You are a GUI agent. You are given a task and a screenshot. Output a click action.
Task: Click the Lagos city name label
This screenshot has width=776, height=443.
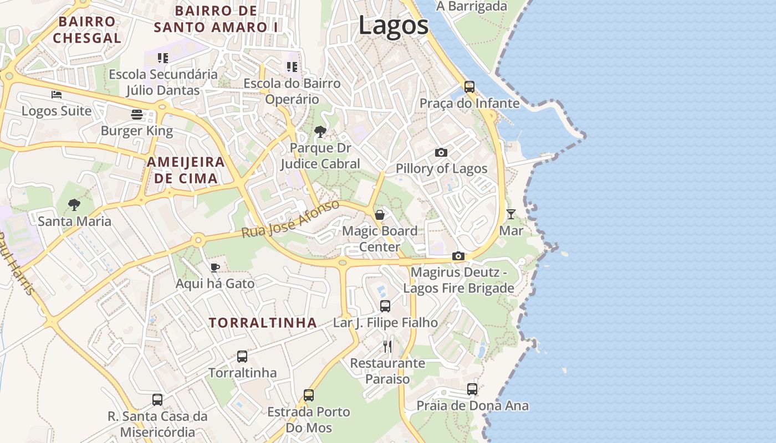click(x=394, y=25)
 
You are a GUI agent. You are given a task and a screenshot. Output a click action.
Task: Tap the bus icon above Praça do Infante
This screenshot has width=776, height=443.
click(x=469, y=86)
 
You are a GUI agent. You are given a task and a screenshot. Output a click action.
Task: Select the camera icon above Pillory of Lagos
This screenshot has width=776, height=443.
click(x=441, y=152)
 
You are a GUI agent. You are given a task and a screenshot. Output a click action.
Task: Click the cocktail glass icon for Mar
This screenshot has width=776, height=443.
click(x=511, y=214)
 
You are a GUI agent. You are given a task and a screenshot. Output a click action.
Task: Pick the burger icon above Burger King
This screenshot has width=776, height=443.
click(x=137, y=115)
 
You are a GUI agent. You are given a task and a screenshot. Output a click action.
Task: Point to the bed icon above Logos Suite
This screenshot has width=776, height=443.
click(x=57, y=95)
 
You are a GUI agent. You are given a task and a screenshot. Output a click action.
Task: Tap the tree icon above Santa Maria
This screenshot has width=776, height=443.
click(x=74, y=205)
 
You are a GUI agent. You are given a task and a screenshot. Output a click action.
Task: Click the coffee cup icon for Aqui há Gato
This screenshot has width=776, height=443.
click(x=215, y=268)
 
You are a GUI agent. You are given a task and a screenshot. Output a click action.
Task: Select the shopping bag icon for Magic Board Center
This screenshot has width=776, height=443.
click(x=380, y=215)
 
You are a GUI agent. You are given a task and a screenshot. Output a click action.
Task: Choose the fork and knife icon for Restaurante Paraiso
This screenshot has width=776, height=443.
click(x=387, y=347)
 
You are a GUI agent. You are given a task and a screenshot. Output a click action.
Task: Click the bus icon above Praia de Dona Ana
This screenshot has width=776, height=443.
click(x=472, y=389)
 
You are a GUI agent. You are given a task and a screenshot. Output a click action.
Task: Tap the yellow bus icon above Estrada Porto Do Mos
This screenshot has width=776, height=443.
click(x=309, y=395)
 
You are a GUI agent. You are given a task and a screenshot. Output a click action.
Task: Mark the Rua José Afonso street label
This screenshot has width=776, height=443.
click(x=290, y=220)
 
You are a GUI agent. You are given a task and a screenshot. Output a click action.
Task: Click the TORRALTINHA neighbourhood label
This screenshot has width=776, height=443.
click(x=263, y=323)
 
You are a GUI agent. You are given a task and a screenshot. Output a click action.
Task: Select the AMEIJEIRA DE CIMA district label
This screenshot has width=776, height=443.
click(x=186, y=170)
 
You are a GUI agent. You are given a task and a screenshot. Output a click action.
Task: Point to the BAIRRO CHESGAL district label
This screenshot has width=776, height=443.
click(x=87, y=30)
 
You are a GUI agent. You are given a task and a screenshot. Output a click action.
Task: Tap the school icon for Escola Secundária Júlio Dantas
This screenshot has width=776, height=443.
click(x=162, y=58)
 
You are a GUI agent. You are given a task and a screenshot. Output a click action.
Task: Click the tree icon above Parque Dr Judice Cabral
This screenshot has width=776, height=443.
click(x=320, y=132)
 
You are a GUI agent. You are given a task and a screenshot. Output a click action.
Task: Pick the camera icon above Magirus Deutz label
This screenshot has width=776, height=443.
click(x=458, y=256)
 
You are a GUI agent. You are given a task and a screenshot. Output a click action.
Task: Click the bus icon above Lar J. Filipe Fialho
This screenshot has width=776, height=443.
click(x=385, y=306)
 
